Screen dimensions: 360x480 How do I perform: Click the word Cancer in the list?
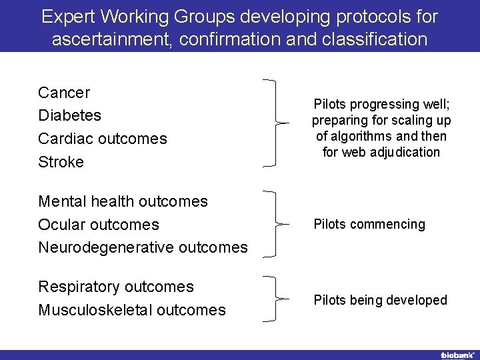(64, 93)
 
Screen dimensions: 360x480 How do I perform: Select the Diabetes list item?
(70, 115)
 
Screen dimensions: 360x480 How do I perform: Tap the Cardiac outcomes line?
(103, 139)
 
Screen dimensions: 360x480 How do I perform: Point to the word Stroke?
(61, 162)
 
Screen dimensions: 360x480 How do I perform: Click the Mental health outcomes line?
(123, 201)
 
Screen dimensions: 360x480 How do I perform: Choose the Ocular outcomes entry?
(99, 225)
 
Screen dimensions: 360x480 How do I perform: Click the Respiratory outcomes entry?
(116, 287)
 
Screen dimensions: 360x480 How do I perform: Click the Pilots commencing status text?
(369, 224)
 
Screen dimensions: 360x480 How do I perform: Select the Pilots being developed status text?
(380, 300)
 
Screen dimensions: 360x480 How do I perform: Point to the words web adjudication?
(391, 152)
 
